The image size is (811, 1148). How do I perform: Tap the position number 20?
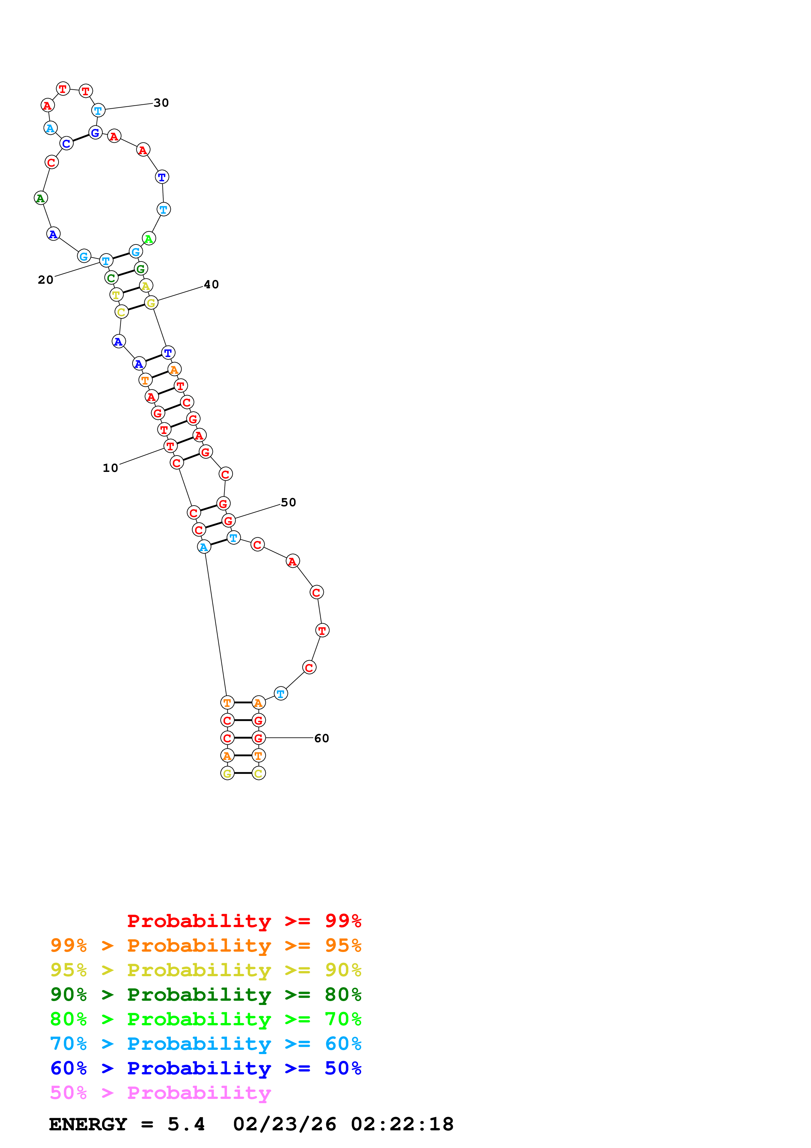[45, 280]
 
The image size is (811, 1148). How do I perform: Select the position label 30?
[161, 103]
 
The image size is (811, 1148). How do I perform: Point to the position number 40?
[211, 284]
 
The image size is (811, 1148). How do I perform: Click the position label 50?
[288, 503]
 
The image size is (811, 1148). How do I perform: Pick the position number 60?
[321, 739]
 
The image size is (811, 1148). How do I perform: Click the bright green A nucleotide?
[149, 239]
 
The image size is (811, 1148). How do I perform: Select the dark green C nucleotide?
[111, 278]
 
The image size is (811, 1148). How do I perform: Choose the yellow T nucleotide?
[116, 295]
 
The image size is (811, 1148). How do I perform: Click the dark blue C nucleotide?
[66, 143]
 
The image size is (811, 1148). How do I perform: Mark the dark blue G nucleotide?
[95, 133]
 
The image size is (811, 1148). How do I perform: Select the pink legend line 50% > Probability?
[160, 1093]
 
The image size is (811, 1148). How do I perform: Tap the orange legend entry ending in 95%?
[205, 945]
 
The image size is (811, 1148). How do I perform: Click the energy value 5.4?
[186, 1124]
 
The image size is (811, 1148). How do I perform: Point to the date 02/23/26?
[284, 1124]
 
